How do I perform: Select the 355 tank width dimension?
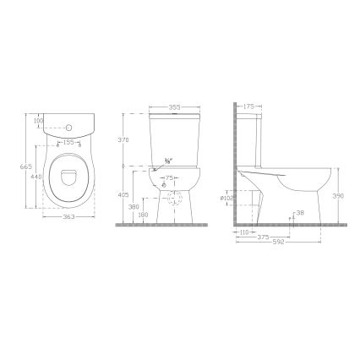tap(173, 107)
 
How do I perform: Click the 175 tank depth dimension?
tap(248, 107)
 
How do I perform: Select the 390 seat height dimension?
tap(338, 194)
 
